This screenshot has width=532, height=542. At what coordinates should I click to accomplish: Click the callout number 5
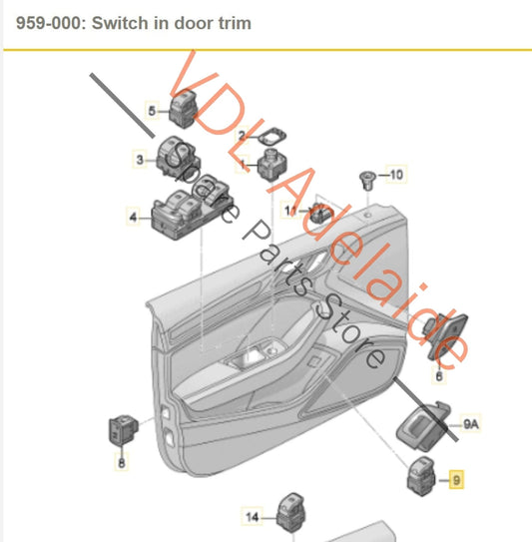[x=152, y=111]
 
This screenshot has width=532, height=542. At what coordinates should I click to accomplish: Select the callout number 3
[x=140, y=160]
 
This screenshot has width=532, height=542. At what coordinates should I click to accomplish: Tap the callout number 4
[x=133, y=217]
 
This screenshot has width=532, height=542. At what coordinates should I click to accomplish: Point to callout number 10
[x=396, y=175]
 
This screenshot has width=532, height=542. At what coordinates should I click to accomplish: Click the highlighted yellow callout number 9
[x=456, y=480]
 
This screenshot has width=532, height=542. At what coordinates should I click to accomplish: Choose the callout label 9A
[x=471, y=423]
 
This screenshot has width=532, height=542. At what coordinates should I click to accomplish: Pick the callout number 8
[x=122, y=462]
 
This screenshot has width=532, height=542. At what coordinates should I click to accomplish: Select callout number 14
[x=252, y=517]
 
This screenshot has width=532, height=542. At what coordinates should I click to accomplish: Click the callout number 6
[x=439, y=375]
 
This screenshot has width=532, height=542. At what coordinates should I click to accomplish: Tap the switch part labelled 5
[x=184, y=109]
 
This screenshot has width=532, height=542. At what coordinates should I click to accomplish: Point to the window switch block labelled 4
[x=190, y=209]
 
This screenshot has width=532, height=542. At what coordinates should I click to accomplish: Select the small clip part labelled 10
[x=367, y=181]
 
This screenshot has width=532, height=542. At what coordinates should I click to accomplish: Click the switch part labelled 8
[x=123, y=429]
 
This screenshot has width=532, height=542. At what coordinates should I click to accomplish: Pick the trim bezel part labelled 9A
[x=423, y=426]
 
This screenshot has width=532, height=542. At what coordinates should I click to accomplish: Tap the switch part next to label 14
[x=291, y=513]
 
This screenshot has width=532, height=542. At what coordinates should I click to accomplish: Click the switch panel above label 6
[x=444, y=335]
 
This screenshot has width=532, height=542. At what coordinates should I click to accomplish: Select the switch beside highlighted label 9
[x=422, y=476]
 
